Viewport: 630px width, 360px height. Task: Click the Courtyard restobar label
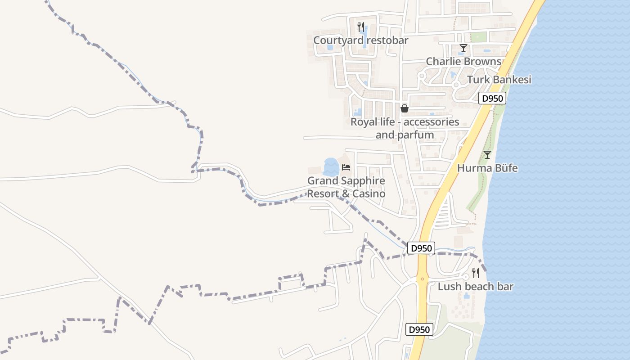coord(360,40)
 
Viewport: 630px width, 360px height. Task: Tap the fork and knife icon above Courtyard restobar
coord(360,27)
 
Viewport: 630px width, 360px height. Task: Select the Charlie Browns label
coord(463,61)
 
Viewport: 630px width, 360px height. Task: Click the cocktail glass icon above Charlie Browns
coord(463,48)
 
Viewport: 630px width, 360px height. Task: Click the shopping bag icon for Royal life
coord(405,108)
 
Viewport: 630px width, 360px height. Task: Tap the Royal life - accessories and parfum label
coord(405,128)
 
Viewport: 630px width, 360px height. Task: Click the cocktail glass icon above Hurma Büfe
coord(487,155)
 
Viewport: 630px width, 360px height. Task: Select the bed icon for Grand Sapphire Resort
coord(346,167)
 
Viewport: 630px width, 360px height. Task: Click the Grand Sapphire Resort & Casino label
coord(346,187)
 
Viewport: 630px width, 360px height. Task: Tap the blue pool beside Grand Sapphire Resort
coord(331,166)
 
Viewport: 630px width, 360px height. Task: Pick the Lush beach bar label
coord(475,287)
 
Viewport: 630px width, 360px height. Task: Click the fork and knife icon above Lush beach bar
coord(475,273)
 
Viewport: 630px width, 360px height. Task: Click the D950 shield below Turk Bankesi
coord(492,99)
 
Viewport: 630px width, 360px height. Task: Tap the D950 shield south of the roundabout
coord(419,329)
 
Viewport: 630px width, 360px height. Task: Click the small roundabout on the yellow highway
coord(422,279)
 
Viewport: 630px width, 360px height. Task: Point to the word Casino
coord(369,194)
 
